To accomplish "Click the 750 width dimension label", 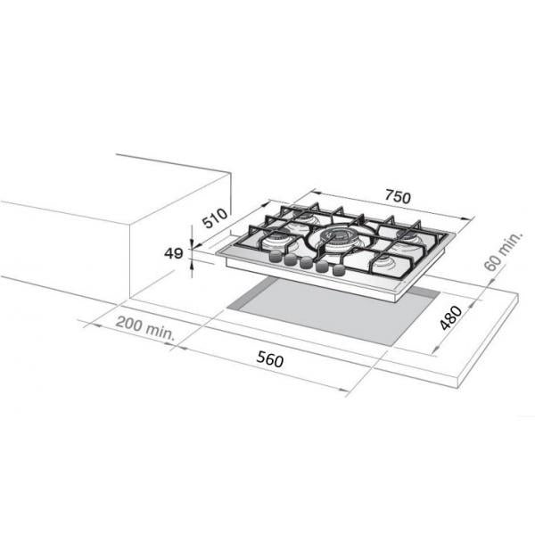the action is [398, 196].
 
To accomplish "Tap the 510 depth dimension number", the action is [215, 218].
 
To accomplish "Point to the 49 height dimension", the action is [173, 253].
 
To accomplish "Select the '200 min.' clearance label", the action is [145, 328].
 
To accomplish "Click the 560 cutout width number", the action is [270, 359].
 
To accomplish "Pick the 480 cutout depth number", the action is [450, 317].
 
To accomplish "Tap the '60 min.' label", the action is [504, 251].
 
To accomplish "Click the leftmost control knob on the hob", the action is [276, 256].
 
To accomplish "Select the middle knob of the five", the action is [306, 262].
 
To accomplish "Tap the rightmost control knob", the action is [339, 270].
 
